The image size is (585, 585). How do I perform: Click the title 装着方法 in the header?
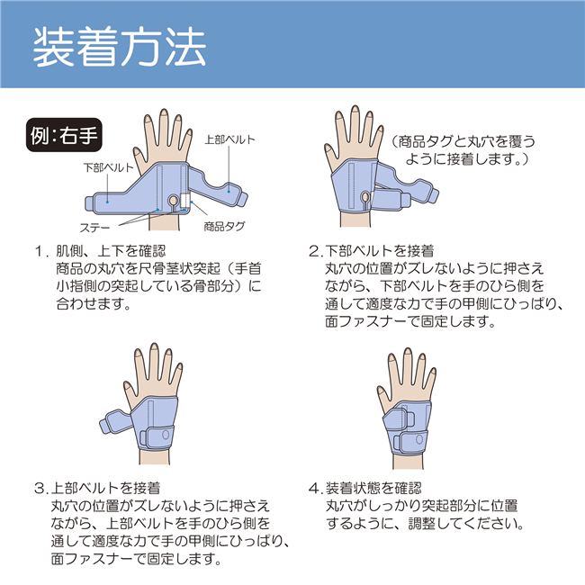pos(120,49)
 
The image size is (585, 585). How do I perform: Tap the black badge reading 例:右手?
pos(64,135)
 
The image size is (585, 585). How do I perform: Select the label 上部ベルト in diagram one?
pos(229,139)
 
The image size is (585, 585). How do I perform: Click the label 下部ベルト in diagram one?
pos(108,167)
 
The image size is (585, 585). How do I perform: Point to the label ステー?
pos(94,227)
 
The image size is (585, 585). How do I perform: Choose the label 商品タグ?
pos(224,226)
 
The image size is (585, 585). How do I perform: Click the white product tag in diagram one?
pos(185,201)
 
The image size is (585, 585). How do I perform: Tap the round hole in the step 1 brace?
pos(174,201)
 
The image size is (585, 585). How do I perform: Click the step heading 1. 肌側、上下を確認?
pos(100,251)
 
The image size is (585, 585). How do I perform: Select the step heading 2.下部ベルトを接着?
pos(372,251)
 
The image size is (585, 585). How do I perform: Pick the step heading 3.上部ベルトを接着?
pos(97,488)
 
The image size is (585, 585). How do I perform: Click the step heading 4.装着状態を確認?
pos(365,488)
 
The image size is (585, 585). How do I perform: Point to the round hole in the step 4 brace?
pos(419,439)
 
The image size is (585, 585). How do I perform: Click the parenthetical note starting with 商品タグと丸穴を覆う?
pos(463,150)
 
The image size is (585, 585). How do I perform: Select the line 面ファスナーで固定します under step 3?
pos(137,559)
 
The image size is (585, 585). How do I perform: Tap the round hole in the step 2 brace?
pos(365,196)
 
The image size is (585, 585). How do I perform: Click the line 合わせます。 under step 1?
pos(94,304)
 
